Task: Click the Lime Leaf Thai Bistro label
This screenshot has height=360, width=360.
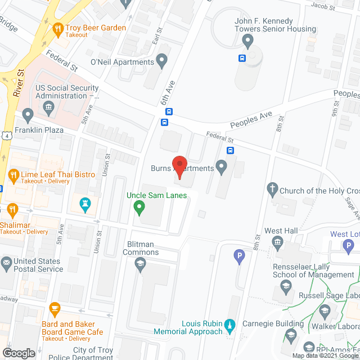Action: click(x=58, y=174)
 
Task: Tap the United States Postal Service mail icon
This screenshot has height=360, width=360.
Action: click(x=6, y=262)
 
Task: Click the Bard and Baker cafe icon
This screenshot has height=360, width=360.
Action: click(x=55, y=308)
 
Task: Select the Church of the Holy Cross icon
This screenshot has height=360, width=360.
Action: click(x=272, y=190)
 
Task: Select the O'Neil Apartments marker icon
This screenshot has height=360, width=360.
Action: click(x=162, y=61)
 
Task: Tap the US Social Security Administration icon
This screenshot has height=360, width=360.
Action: click(x=49, y=106)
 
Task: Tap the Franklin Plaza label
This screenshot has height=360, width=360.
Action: click(x=39, y=129)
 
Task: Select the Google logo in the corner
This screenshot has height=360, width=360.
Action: click(x=19, y=353)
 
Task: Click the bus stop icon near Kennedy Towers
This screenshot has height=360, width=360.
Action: click(x=242, y=58)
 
